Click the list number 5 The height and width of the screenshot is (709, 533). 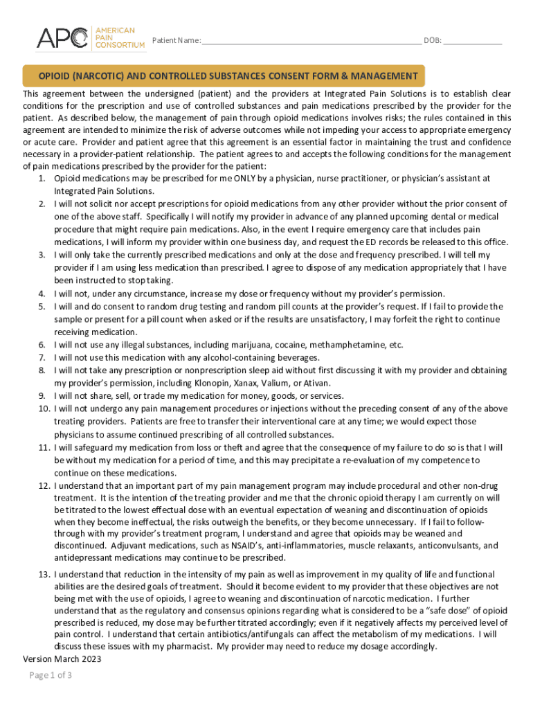pos(42,306)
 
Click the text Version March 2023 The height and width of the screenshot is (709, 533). pos(62,659)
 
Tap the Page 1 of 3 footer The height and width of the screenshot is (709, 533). pos(51,676)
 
